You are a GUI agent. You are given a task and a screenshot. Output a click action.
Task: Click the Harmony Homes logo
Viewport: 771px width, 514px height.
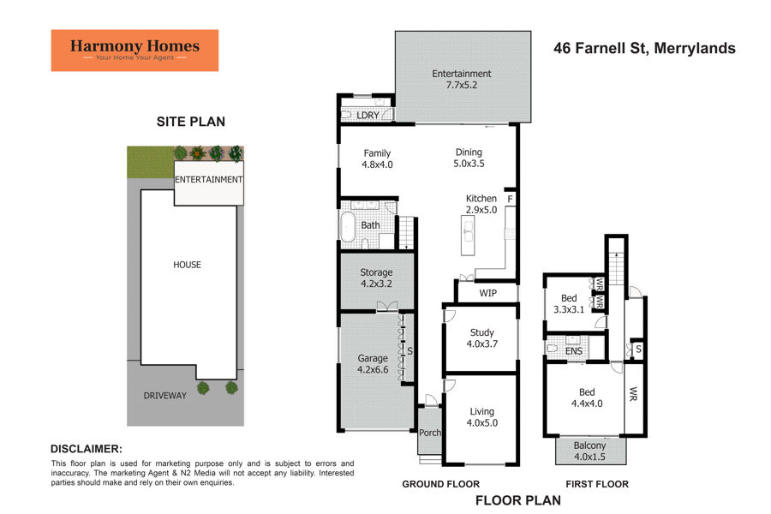point(134,51)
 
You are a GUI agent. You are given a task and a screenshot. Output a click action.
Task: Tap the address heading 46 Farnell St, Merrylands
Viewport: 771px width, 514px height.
point(644,49)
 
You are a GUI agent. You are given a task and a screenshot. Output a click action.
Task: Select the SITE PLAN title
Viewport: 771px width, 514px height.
point(190,122)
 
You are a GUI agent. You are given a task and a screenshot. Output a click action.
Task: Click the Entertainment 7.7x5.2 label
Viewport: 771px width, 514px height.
point(461,80)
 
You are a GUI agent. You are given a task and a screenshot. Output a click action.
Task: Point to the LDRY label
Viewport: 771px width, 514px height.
point(368,115)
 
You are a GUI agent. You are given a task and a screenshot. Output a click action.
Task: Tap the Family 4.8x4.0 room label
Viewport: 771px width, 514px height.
point(377,158)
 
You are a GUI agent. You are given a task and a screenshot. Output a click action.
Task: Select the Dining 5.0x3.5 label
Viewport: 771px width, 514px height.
point(469,158)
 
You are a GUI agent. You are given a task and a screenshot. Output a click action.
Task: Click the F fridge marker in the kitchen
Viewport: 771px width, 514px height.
point(510,199)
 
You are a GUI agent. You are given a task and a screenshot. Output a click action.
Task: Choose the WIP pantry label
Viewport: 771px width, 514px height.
point(487,294)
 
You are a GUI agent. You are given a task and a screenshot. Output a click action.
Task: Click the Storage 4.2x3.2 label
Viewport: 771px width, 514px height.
point(376,278)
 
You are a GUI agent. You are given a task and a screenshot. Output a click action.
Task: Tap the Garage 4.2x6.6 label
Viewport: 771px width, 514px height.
point(373,364)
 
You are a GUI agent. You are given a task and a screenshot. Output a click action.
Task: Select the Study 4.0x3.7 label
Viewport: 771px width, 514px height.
point(482,338)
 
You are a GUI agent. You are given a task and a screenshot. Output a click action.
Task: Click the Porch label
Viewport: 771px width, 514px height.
point(429,433)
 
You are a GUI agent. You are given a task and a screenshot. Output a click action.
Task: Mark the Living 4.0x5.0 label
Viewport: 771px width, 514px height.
point(481,416)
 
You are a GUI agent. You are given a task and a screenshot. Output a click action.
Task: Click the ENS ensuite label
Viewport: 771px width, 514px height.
point(575,350)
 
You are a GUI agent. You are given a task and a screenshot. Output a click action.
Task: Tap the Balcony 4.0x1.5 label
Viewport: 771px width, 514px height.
point(589,451)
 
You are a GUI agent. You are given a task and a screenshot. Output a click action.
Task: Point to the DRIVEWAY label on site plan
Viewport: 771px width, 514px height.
point(165,396)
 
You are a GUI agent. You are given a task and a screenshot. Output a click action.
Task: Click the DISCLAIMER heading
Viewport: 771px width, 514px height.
point(86,448)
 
